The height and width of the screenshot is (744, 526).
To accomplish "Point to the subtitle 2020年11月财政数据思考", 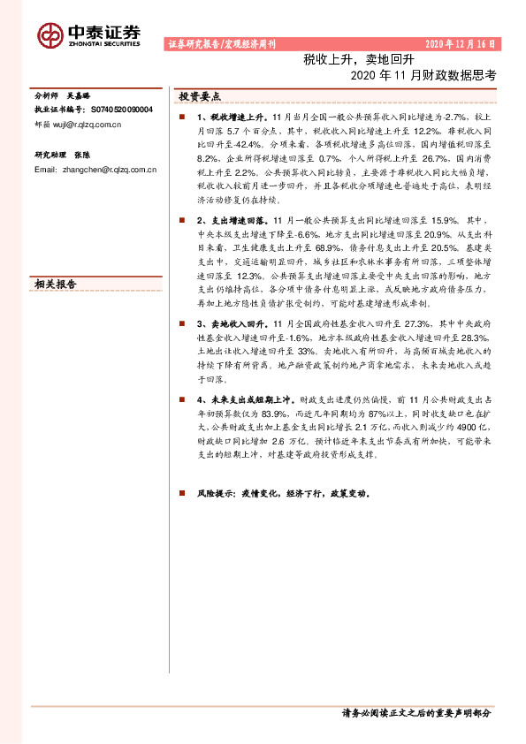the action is (x=423, y=76).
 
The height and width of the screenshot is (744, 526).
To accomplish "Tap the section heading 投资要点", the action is (x=199, y=96).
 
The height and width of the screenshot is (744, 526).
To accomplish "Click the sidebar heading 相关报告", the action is (x=55, y=285).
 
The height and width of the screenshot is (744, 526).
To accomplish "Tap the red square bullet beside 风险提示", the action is (x=181, y=494).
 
